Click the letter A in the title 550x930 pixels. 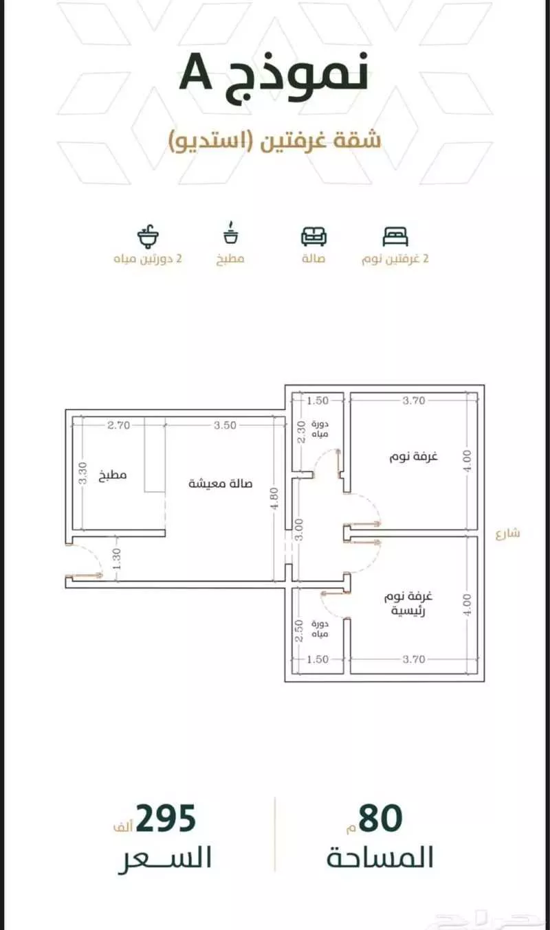[x=196, y=75]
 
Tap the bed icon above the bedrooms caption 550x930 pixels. [x=395, y=237]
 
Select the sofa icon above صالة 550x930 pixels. [x=314, y=236]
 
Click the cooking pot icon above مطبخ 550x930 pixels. [x=231, y=233]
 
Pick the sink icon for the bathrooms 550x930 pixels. [x=148, y=236]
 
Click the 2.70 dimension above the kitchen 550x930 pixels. [x=119, y=425]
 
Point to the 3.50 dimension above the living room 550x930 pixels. [x=225, y=425]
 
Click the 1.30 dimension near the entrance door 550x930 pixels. [x=116, y=559]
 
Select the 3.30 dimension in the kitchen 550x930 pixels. [x=82, y=473]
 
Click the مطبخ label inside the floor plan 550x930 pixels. [x=113, y=475]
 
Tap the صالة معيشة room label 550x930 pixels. [x=221, y=484]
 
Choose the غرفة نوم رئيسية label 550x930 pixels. [x=408, y=604]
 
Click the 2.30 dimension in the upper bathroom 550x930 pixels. [x=302, y=432]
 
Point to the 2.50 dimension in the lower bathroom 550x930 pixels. [x=299, y=631]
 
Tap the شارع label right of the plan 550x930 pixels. [x=508, y=533]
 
